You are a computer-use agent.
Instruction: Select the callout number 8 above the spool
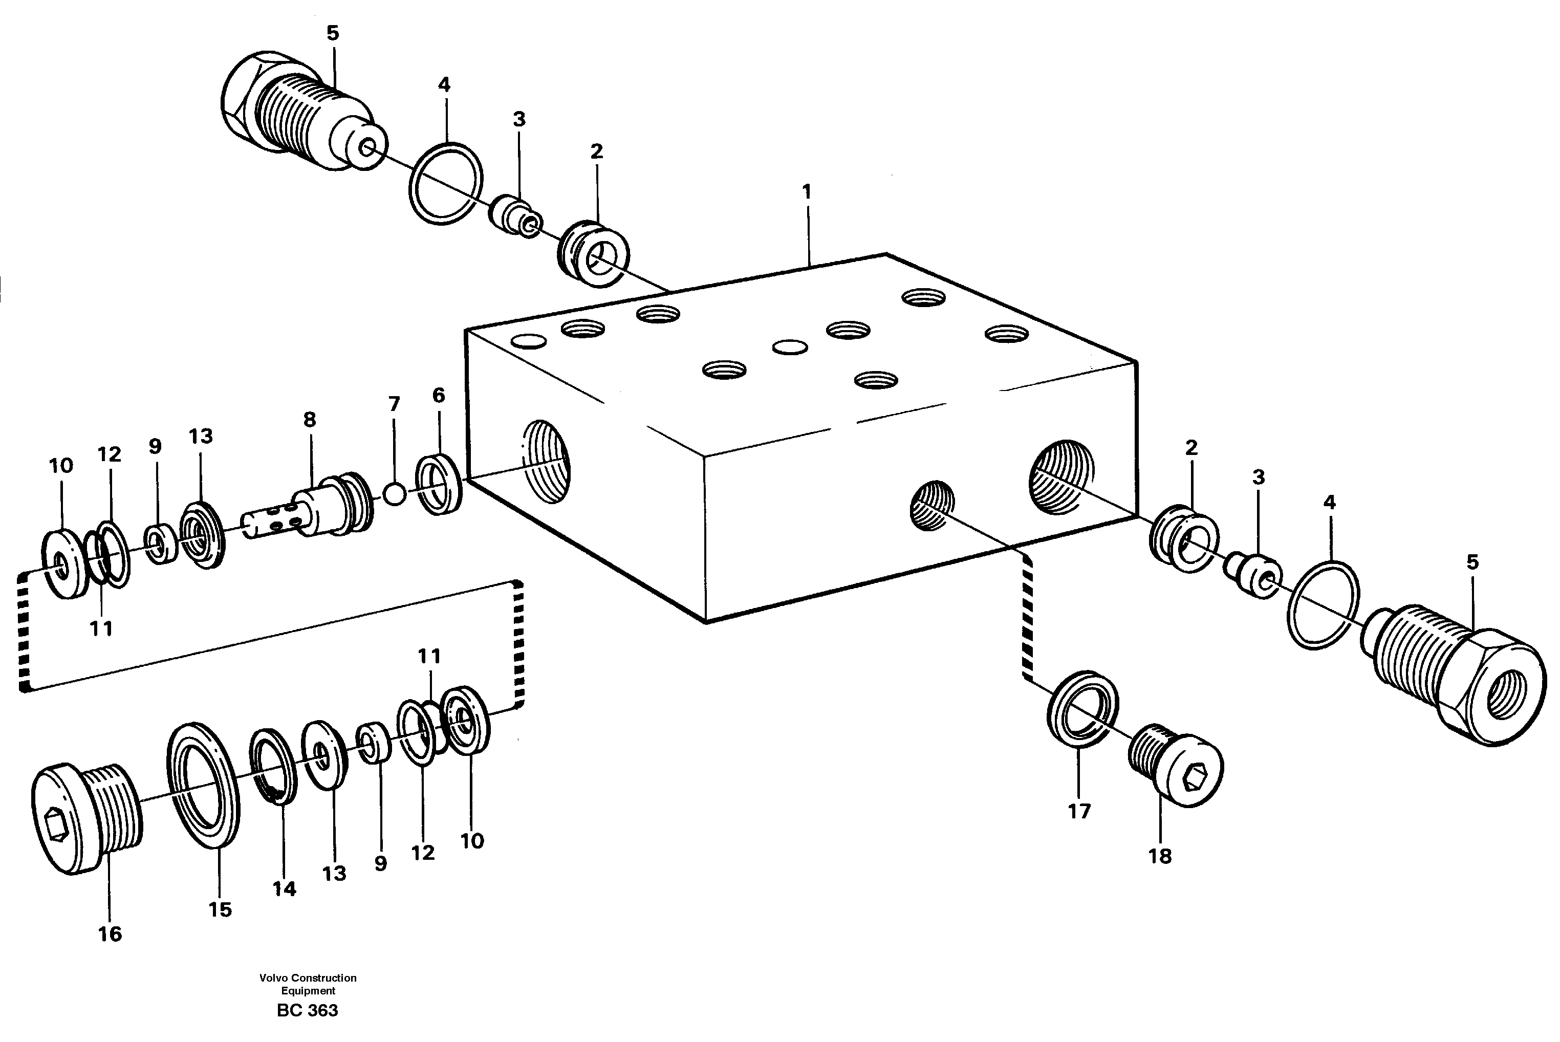point(310,420)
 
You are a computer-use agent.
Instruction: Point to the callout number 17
point(1079,811)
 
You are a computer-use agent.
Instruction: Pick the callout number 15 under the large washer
point(220,910)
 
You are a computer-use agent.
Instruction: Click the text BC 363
point(308,1011)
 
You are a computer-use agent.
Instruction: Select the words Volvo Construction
point(308,978)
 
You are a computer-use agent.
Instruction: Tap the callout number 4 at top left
point(444,85)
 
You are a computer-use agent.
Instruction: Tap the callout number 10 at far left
point(60,466)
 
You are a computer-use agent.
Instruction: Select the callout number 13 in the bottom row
point(334,873)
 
